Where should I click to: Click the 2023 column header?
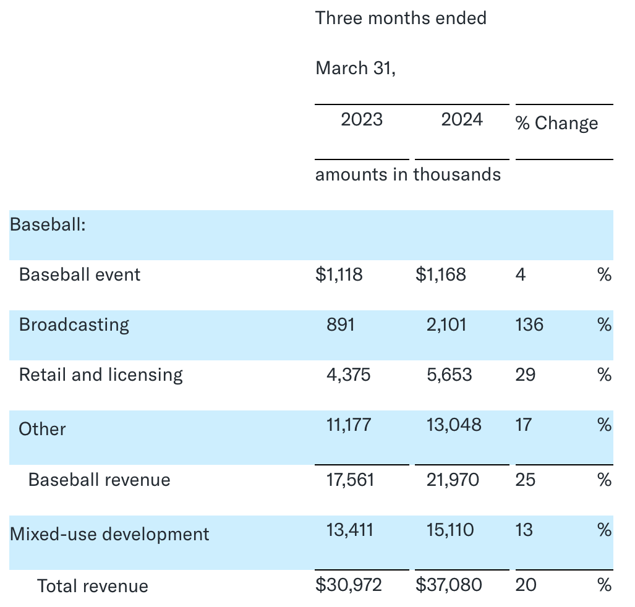362,119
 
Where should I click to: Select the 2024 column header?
462,119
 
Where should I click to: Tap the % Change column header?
556,123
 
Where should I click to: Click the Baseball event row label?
80,274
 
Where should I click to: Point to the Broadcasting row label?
74,325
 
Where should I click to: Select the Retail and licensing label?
101,375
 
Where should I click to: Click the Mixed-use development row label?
109,534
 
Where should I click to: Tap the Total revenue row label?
93,586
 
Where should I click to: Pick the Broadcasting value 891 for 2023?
341,325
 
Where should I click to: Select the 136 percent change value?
529,325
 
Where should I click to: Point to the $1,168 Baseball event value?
441,274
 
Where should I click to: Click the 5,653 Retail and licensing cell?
449,375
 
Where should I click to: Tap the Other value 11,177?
349,425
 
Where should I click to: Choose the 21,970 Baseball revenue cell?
453,480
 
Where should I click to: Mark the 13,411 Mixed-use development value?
350,530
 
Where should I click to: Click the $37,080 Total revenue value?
449,584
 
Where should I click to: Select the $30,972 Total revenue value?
349,584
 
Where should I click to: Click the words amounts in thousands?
408,174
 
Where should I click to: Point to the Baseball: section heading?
48,224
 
